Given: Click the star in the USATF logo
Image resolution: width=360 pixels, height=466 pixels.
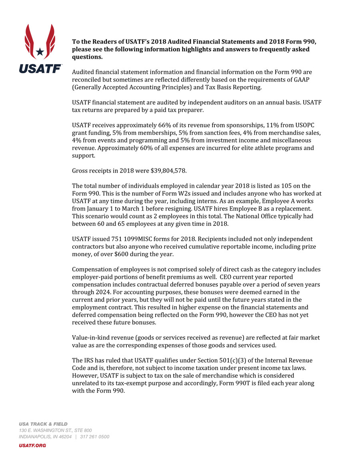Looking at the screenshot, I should [x=40, y=52].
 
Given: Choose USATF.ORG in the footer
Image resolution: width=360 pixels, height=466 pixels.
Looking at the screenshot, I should [x=32, y=445].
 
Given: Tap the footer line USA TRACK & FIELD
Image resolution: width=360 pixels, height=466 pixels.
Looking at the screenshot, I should [x=43, y=424].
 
